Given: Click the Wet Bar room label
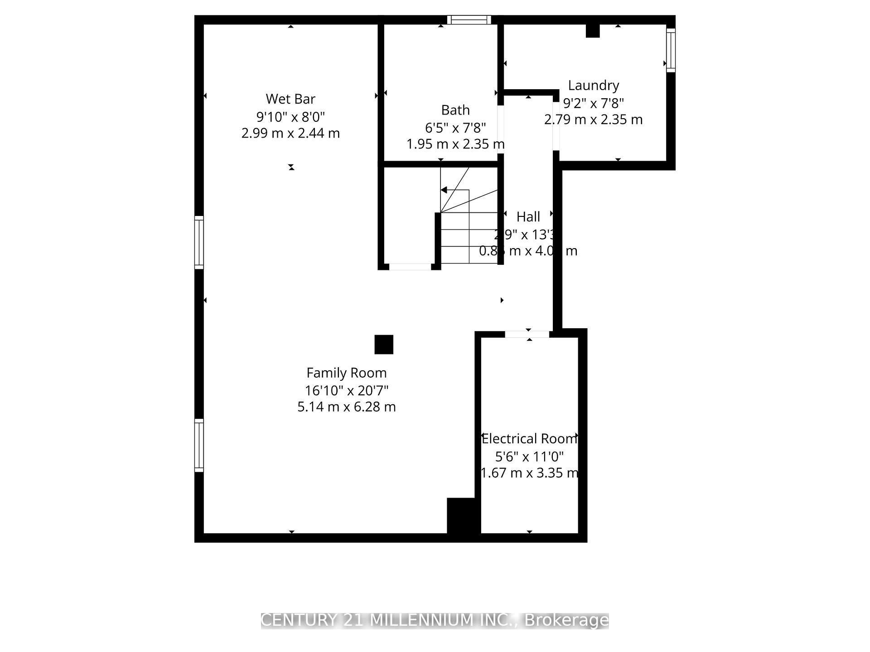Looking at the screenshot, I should [x=290, y=99].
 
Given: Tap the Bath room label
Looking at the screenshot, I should [x=455, y=110].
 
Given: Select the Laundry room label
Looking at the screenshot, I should [x=593, y=85].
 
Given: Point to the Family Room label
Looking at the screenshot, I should [x=347, y=373].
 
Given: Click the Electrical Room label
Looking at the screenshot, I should [x=529, y=438].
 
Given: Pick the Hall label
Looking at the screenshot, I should [x=528, y=216].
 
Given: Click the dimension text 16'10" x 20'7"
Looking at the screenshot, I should [x=347, y=390].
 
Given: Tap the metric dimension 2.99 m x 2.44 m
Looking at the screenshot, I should [x=290, y=133].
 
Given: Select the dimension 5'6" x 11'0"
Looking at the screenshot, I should [x=529, y=456].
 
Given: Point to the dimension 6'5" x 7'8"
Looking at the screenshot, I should [x=455, y=128].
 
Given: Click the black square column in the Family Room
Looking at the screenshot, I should [x=384, y=345].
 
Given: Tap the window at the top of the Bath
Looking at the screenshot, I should [x=469, y=20].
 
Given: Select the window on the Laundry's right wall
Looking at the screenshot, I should [x=671, y=50].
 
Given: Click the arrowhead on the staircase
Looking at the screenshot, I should [x=445, y=190].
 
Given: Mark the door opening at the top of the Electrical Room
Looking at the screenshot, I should [x=527, y=334].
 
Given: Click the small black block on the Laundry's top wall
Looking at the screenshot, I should [x=593, y=31].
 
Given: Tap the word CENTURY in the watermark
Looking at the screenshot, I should [x=300, y=620].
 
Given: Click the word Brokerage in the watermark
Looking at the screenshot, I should [x=566, y=620].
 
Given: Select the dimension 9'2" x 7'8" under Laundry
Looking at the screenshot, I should [x=593, y=103].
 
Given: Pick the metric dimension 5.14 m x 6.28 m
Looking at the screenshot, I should [x=347, y=407].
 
